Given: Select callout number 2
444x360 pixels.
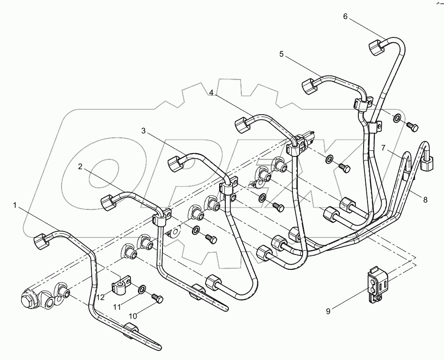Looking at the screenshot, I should (80, 167).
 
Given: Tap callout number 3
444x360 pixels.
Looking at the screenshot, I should (144, 131).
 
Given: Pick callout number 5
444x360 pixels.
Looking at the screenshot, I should (282, 54).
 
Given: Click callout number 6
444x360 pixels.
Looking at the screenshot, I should (345, 17).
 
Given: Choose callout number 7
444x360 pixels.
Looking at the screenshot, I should (383, 148).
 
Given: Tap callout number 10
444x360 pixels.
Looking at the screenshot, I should (133, 316).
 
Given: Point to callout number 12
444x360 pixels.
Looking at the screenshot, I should (101, 298).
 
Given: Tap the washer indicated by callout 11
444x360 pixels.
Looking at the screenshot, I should (141, 289).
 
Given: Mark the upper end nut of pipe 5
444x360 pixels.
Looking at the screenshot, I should (309, 86).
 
